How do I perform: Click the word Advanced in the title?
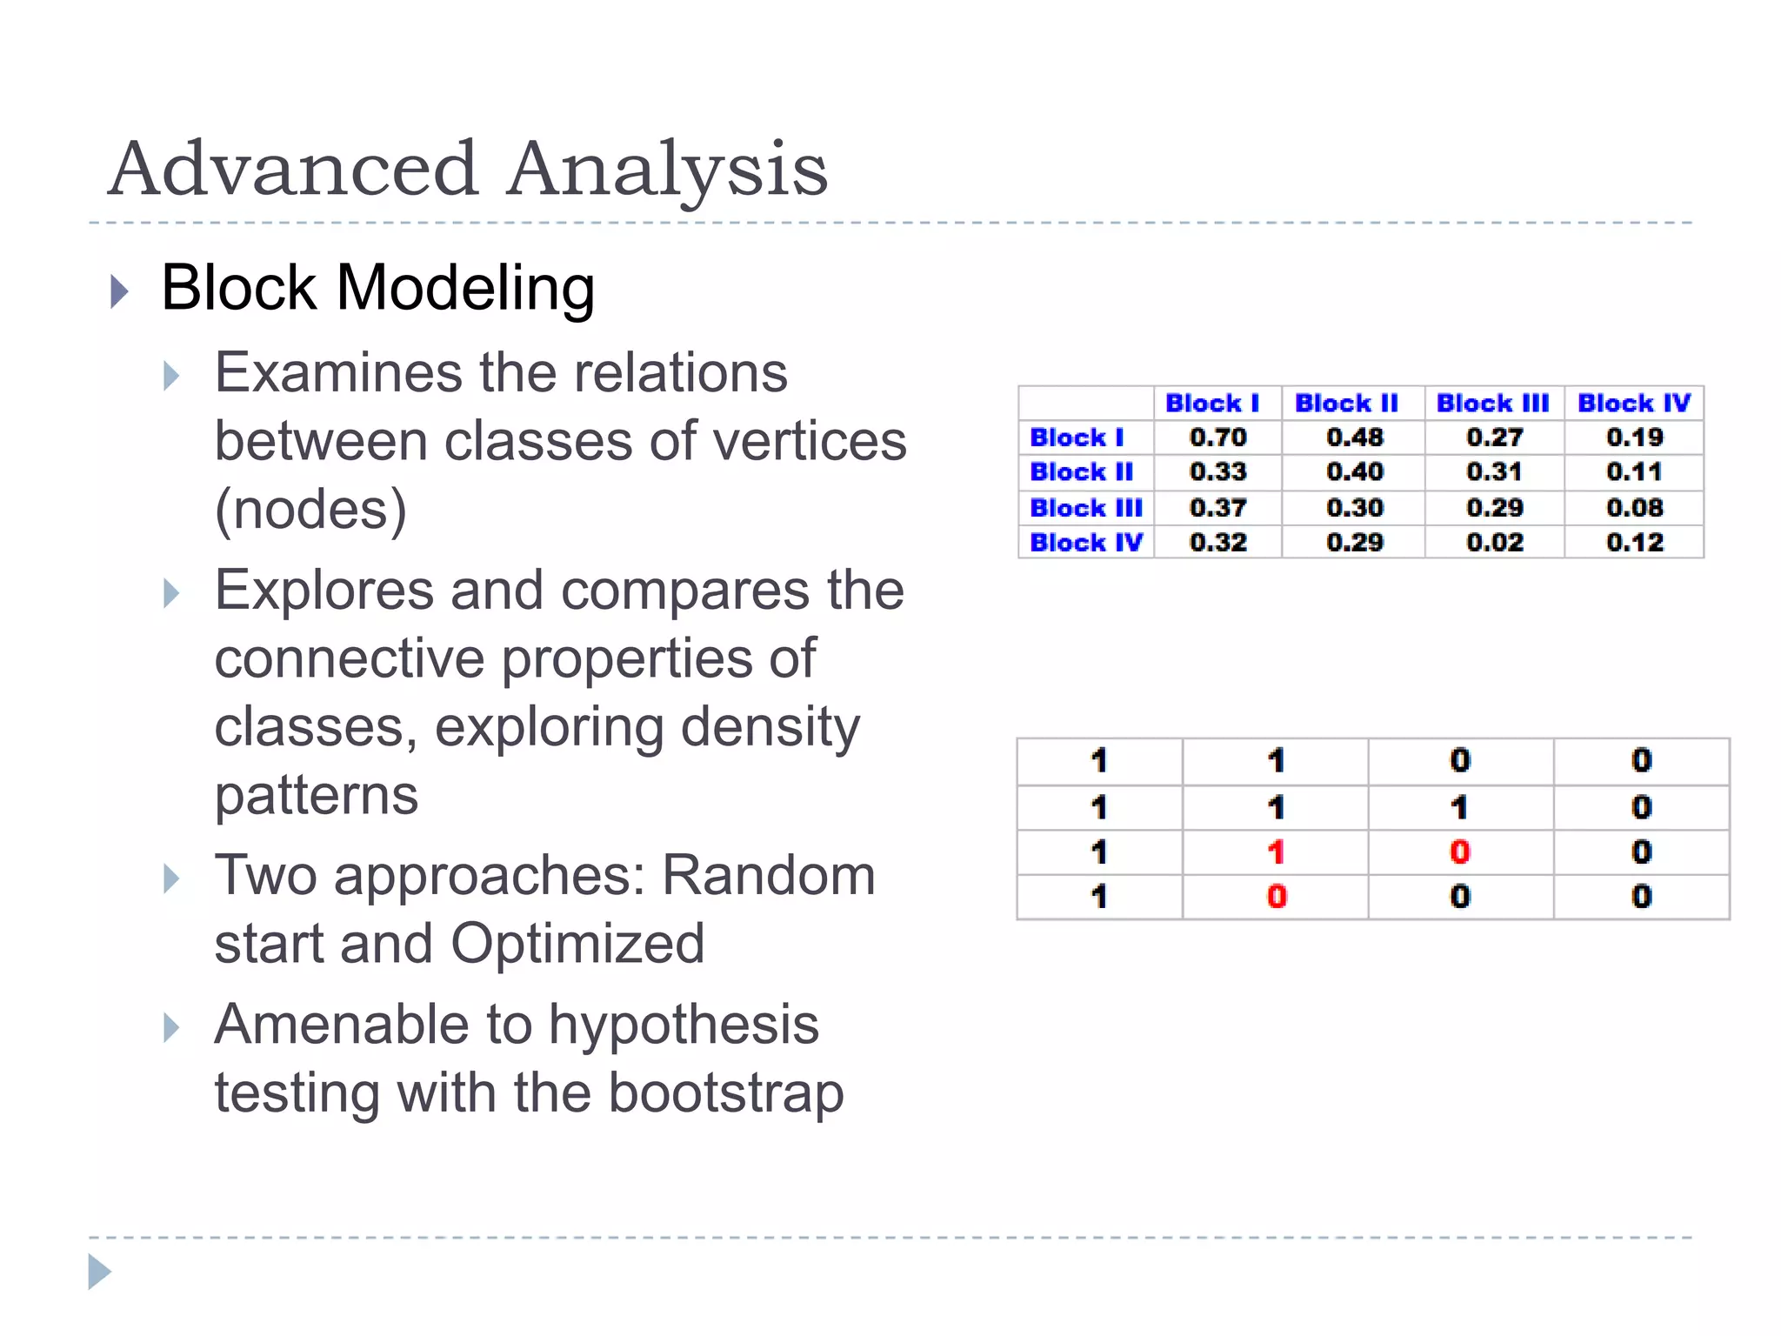294,169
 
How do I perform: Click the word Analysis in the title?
668,169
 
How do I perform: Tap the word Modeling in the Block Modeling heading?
465,288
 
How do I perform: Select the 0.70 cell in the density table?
1217,438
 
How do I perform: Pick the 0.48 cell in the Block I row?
1354,438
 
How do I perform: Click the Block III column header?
1492,404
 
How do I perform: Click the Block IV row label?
1085,543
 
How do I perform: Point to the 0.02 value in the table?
1494,543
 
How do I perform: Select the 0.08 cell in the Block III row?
1634,508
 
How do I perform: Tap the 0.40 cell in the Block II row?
1354,472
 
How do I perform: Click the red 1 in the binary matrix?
1276,852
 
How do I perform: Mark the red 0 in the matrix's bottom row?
1276,897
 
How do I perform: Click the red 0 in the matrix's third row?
1460,852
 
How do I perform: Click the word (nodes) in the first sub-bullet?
310,510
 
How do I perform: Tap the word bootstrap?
725,1093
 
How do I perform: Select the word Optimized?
577,944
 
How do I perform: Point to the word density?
770,727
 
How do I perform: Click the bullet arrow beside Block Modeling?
120,291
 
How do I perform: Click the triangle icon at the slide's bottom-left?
99,1273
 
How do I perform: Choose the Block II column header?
1346,404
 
